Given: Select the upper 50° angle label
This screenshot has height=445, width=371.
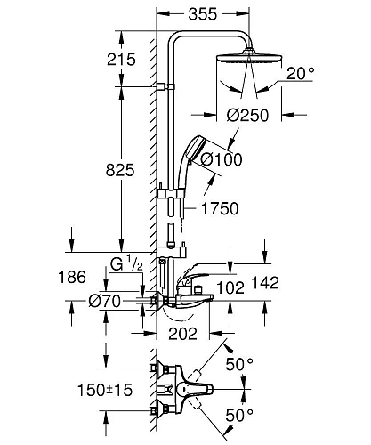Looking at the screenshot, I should point(239,364).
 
